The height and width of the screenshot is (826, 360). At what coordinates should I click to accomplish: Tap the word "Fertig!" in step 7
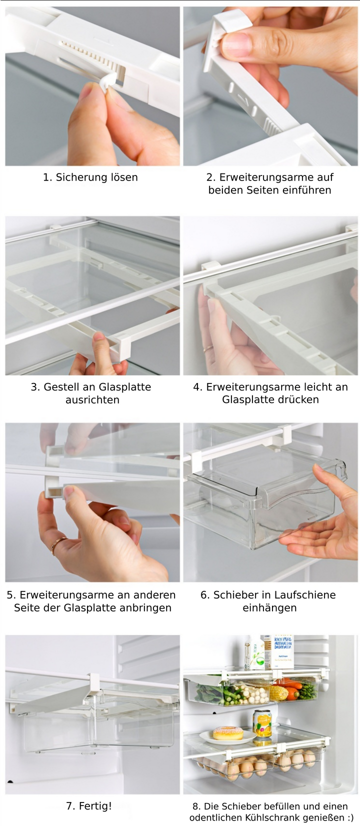95,806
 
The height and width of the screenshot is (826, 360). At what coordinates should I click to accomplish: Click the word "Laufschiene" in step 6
304,595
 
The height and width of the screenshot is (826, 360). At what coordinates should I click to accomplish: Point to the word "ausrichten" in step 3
92,400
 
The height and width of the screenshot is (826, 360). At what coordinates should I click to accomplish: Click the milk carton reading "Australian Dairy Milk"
283,652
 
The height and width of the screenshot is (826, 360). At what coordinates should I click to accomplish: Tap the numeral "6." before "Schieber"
205,595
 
